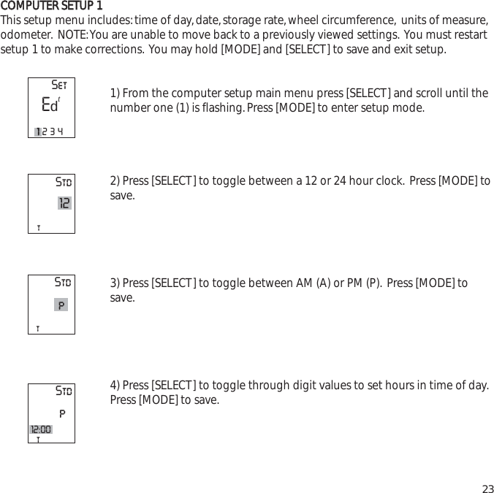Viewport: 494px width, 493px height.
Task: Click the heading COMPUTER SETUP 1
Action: [51, 7]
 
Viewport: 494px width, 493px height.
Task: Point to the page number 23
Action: [487, 489]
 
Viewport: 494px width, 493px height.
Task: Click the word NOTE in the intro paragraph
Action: [72, 35]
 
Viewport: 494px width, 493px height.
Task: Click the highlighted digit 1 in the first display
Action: [38, 131]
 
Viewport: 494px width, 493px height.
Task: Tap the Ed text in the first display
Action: [49, 105]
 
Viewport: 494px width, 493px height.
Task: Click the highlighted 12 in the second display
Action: [64, 203]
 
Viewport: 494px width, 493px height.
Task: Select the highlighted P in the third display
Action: [61, 305]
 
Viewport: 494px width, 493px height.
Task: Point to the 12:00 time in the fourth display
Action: [41, 429]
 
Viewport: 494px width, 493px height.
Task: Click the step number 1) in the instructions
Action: [115, 93]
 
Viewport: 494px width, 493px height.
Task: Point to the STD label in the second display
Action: [64, 181]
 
